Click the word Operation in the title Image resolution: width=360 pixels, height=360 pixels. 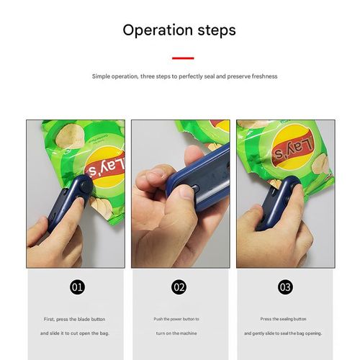[x=153, y=31]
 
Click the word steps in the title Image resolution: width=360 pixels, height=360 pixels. [x=212, y=31]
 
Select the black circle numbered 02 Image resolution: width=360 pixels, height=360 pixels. [x=180, y=287]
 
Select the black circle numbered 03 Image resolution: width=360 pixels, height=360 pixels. [x=285, y=287]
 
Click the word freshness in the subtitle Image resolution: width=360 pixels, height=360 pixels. [x=263, y=76]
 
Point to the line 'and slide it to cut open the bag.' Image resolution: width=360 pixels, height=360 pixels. [x=75, y=333]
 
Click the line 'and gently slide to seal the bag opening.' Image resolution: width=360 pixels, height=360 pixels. [x=285, y=333]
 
